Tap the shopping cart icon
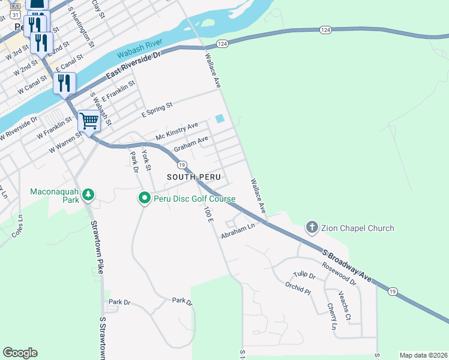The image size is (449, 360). point(89,121)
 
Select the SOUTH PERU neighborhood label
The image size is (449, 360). point(194,178)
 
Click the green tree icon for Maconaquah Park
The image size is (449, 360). point(88,194)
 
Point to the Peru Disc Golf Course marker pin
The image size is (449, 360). point(144,198)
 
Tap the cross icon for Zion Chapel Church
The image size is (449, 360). point(312,227)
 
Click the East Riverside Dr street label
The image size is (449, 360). point(134,65)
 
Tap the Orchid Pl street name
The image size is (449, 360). point(298,289)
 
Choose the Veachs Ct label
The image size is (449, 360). point(344,307)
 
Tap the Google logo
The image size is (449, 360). point(20,353)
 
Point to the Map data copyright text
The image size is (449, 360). point(423,355)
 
